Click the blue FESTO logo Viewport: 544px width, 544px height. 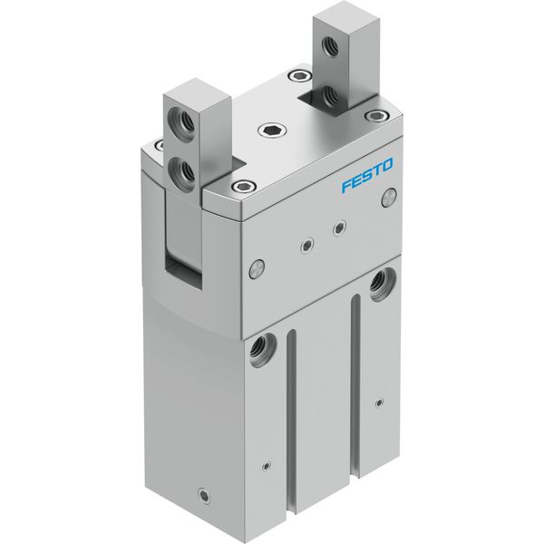pos(367,175)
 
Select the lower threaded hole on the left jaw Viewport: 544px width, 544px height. pos(180,171)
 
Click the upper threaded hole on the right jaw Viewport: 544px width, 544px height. pos(329,45)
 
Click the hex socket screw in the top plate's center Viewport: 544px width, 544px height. pos(272,131)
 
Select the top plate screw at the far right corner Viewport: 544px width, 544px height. pos(377,115)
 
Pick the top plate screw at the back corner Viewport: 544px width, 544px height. pos(299,75)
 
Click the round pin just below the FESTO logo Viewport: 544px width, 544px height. pos(389,198)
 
